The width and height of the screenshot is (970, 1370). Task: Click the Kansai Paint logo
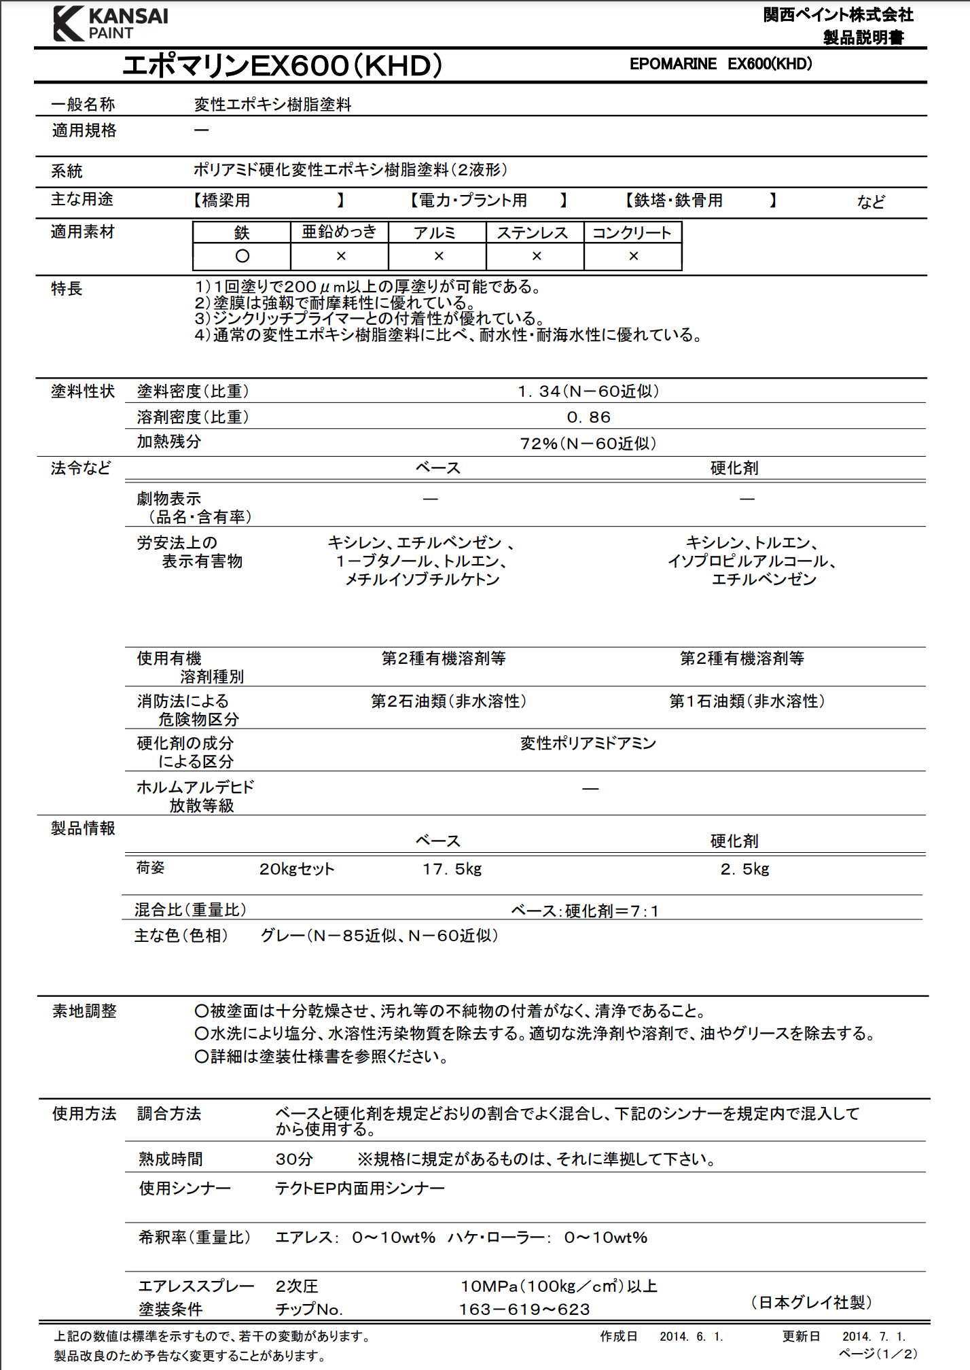[x=111, y=24]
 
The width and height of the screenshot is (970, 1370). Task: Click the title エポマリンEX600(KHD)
[x=282, y=66]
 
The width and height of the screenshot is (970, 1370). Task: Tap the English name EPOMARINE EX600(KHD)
[x=721, y=64]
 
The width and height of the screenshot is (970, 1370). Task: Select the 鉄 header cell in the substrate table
[x=242, y=232]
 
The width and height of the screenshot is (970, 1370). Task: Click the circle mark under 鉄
[x=242, y=256]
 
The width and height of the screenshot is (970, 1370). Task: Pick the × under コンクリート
[x=633, y=256]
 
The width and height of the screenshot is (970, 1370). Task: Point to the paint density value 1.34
[x=588, y=391]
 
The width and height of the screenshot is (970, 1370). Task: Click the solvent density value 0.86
[x=589, y=417]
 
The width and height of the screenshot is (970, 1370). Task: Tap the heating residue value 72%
[x=588, y=444]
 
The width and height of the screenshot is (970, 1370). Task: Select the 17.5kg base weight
[x=452, y=869]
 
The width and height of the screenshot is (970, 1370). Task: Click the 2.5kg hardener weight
[x=744, y=869]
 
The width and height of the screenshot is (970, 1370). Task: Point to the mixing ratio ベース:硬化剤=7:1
[x=585, y=911]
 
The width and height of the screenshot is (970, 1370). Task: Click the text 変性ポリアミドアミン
[x=588, y=743]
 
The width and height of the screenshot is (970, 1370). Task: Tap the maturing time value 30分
[x=294, y=1159]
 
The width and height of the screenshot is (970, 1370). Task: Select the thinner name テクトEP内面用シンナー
[x=360, y=1189]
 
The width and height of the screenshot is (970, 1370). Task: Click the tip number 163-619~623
[x=524, y=1310]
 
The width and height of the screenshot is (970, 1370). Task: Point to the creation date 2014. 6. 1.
[x=691, y=1337]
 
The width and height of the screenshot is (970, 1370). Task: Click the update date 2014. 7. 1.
[x=874, y=1337]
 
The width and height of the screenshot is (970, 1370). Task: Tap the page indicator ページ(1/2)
[x=878, y=1354]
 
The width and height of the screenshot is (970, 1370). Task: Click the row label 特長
[x=67, y=289]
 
